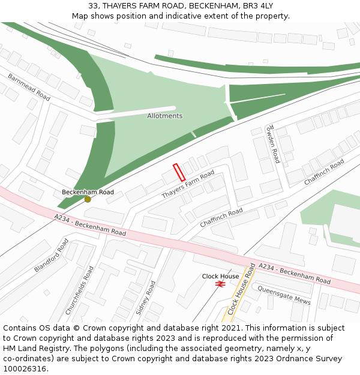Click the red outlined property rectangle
pyautogui.click(x=178, y=172)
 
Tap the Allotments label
pyautogui.click(x=164, y=116)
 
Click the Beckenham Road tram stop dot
pyautogui.click(x=88, y=199)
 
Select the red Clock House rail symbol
pyautogui.click(x=220, y=284)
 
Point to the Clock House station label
pyautogui.click(x=220, y=277)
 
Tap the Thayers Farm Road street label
pyautogui.click(x=188, y=184)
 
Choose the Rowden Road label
pyautogui.click(x=274, y=144)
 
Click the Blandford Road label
pyautogui.click(x=52, y=255)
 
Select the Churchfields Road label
pyautogui.click(x=80, y=291)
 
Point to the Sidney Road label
pyautogui.click(x=146, y=298)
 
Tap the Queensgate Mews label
pyautogui.click(x=284, y=295)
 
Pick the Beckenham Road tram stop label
pyautogui.click(x=88, y=192)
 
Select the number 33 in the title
pyautogui.click(x=93, y=5)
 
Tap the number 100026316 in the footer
pyautogui.click(x=26, y=369)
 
